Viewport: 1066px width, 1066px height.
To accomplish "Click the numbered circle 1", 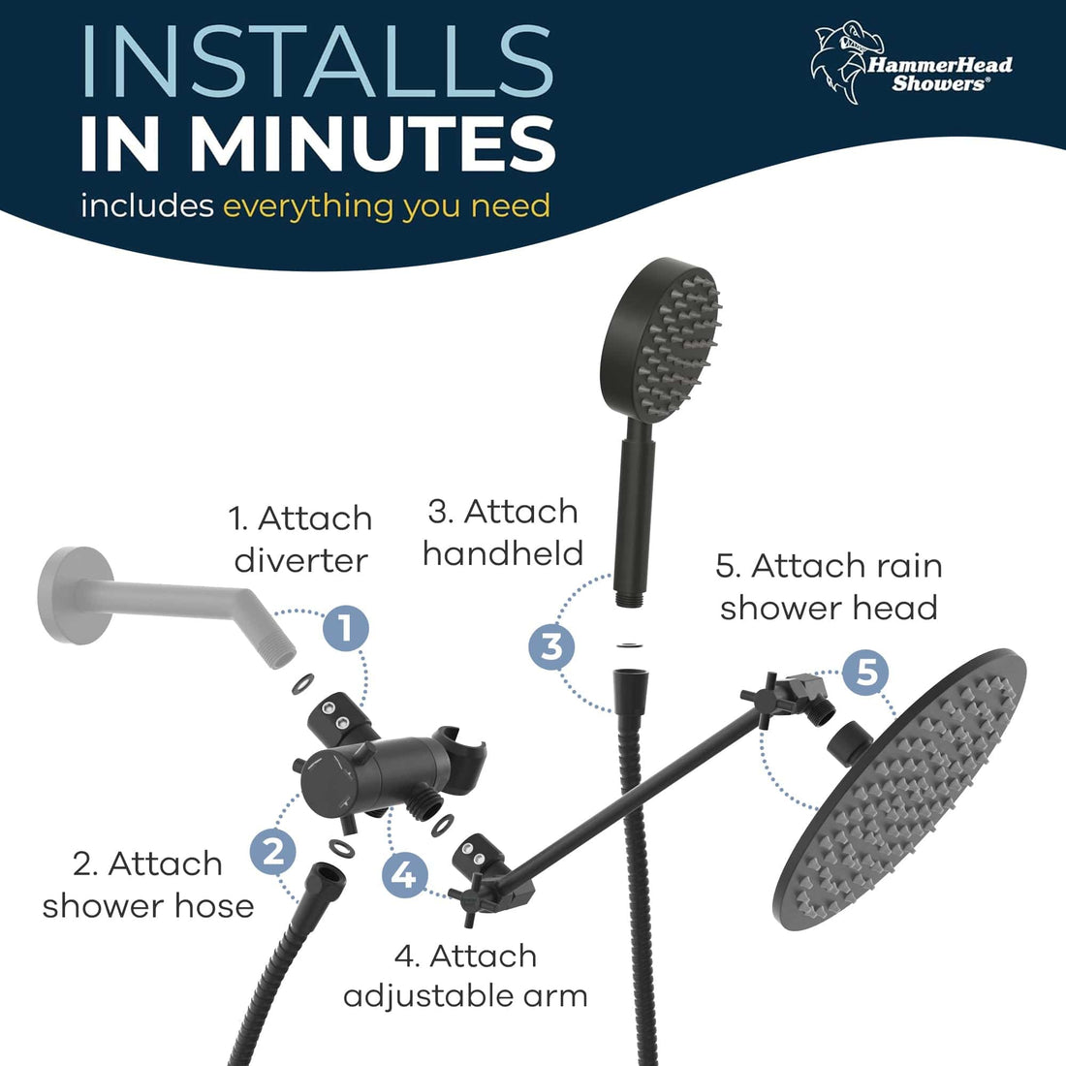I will point(346,627).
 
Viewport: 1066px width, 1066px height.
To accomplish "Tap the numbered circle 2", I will point(274,852).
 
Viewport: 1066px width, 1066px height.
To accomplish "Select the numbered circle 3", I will point(552,645).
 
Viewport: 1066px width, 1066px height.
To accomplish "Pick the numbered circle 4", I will point(405,875).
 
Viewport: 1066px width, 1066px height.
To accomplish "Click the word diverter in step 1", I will point(301,561).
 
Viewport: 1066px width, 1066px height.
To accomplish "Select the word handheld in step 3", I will point(503,553).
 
